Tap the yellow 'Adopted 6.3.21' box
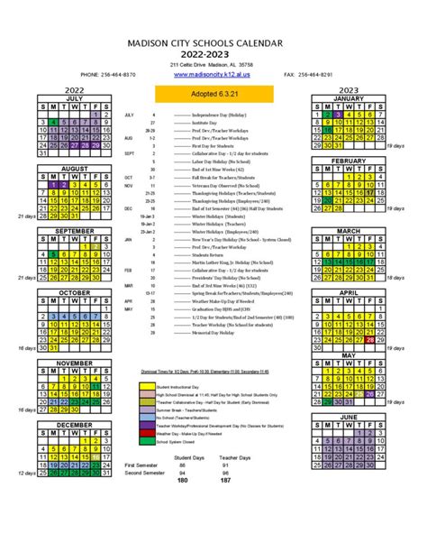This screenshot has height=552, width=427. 213,92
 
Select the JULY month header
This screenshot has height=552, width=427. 74,98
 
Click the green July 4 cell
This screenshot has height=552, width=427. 53,123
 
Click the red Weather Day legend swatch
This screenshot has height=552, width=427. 146,433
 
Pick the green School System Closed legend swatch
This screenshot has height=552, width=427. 146,442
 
